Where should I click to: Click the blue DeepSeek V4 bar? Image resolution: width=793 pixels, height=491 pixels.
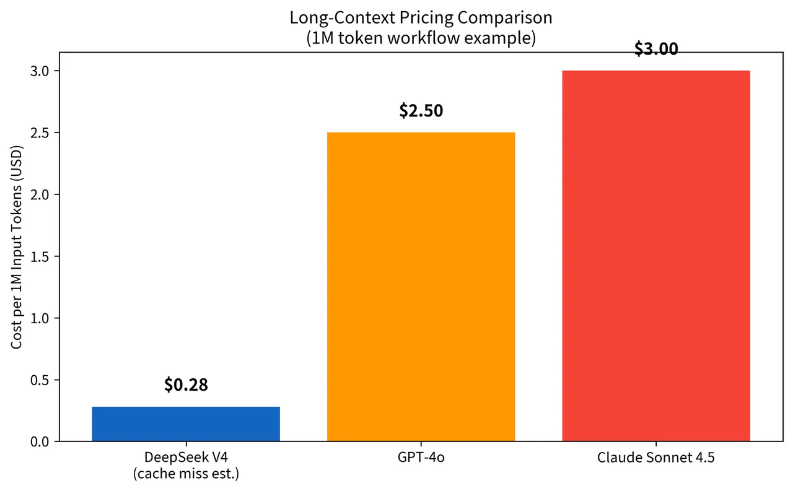[186, 424]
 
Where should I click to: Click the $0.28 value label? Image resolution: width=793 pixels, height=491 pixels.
[186, 385]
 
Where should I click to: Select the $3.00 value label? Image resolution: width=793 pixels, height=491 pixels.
[655, 50]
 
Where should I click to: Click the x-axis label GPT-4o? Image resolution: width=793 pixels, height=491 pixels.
[421, 458]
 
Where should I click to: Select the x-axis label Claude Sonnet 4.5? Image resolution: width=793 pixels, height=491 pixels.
[655, 458]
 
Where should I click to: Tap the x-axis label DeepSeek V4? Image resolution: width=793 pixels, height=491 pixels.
[186, 458]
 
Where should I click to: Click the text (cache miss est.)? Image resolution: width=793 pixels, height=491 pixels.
[186, 474]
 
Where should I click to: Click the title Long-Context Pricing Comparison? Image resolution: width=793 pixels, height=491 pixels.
[421, 17]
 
